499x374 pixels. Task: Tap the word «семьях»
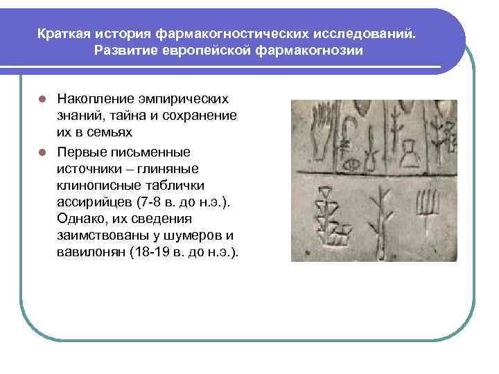click(107, 131)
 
